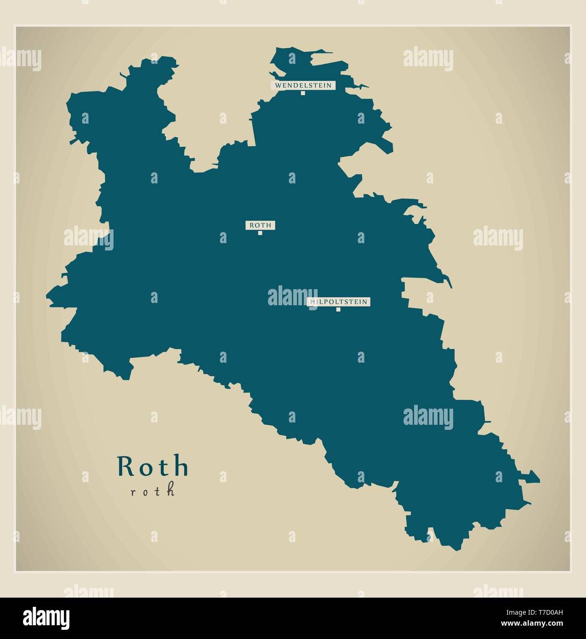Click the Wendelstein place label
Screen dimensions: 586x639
click(303, 85)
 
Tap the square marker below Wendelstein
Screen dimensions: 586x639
click(303, 93)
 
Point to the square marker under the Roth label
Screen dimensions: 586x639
click(260, 233)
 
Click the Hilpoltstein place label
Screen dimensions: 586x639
click(339, 302)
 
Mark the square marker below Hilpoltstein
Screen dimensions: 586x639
click(338, 309)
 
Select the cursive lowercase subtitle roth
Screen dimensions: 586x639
click(153, 491)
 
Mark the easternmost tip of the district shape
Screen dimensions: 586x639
click(539, 479)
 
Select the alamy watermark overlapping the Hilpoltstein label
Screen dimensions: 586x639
click(292, 296)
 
